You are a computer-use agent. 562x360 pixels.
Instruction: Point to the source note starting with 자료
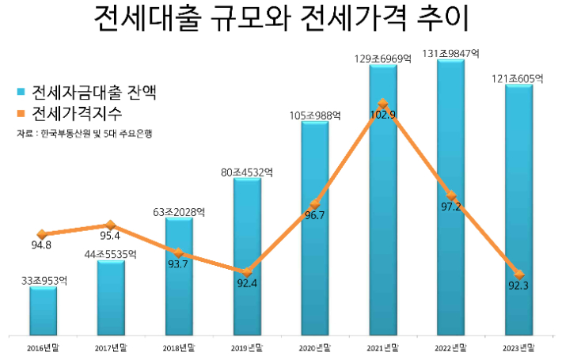[x=84, y=134]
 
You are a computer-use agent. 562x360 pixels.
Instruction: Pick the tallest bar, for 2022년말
[x=450, y=198]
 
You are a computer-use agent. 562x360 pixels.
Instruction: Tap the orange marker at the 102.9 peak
[x=382, y=104]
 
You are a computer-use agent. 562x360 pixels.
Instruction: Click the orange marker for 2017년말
[x=111, y=225]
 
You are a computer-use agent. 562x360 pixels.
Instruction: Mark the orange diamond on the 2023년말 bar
[x=518, y=272]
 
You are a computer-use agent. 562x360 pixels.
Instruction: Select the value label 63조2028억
[x=179, y=211]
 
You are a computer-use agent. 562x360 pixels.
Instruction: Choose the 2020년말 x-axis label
[x=314, y=347]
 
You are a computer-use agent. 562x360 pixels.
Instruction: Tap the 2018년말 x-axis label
[x=179, y=347]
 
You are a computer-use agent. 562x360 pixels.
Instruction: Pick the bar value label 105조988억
[x=314, y=116]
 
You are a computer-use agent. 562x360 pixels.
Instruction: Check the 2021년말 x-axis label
[x=382, y=347]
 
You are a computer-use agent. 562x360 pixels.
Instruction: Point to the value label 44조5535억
[x=111, y=254]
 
